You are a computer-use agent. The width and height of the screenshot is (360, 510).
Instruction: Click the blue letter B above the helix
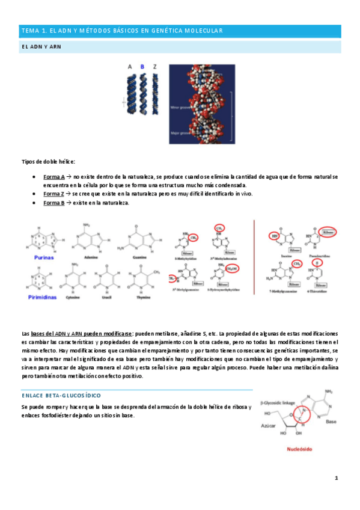(x=142, y=67)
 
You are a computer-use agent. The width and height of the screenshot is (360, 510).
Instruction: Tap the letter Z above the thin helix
(x=156, y=67)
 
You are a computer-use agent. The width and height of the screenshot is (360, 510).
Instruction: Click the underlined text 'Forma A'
(x=54, y=177)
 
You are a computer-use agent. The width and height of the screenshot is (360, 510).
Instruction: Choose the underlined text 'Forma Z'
(x=54, y=194)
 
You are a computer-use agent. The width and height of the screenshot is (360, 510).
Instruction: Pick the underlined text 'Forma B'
(x=54, y=203)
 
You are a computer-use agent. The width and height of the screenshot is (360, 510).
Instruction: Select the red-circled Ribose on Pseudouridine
(x=328, y=230)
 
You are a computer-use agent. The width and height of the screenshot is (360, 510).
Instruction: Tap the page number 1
(x=337, y=478)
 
